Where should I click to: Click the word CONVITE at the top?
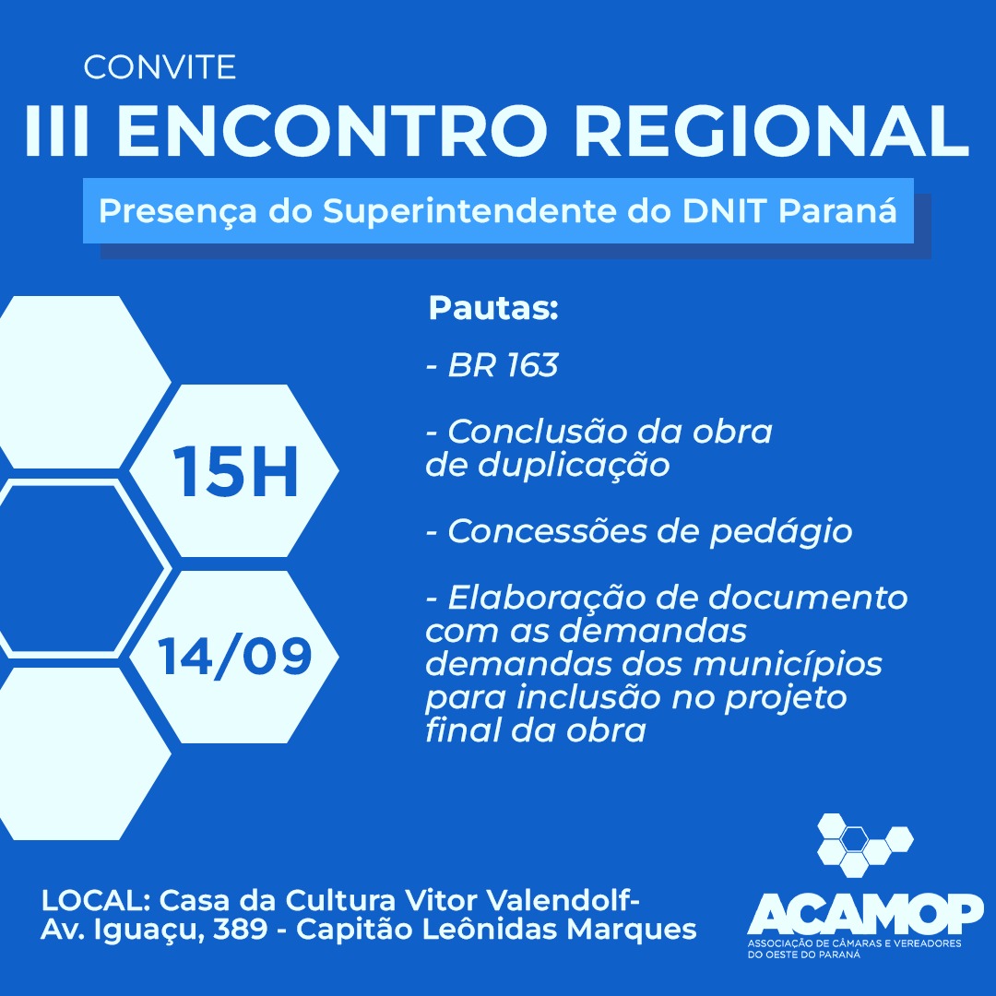click(x=160, y=67)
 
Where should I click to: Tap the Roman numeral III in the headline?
click(x=56, y=132)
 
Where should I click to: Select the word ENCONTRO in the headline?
click(x=331, y=132)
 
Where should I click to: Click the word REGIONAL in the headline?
click(x=773, y=132)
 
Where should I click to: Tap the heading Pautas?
click(x=492, y=308)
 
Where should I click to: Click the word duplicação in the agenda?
click(x=574, y=466)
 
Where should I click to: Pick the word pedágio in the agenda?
click(x=781, y=532)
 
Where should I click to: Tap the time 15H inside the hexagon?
click(x=235, y=471)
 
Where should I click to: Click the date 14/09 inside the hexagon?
click(x=234, y=657)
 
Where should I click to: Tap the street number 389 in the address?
click(x=240, y=930)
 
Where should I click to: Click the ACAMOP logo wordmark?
click(x=865, y=913)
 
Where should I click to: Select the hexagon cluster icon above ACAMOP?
click(x=865, y=845)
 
